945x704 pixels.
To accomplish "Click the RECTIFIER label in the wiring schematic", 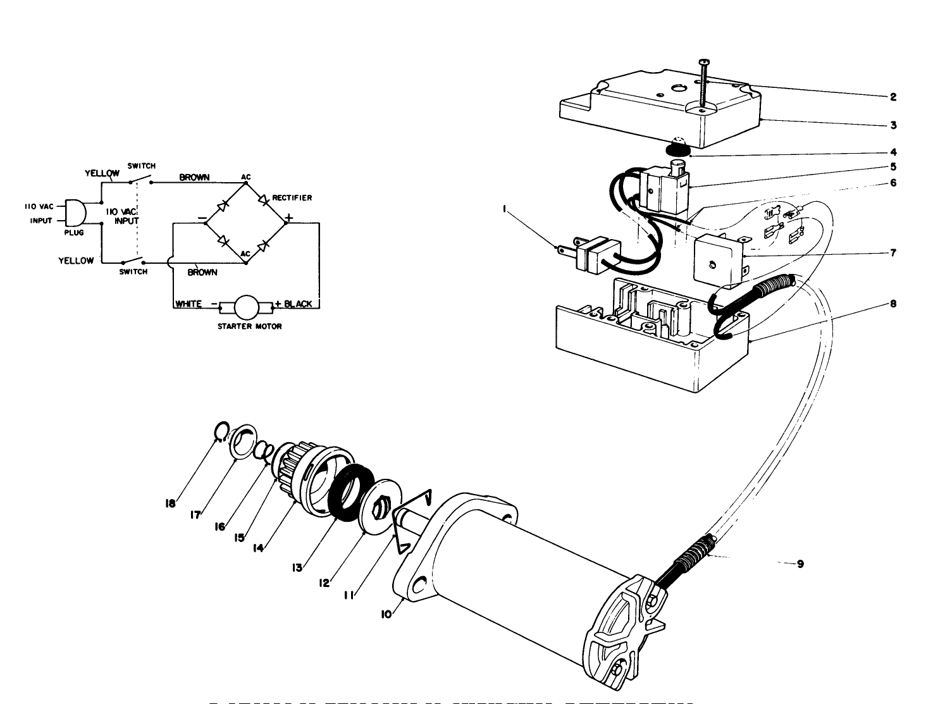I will coord(292,198).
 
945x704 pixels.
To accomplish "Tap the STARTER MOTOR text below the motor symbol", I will coord(249,326).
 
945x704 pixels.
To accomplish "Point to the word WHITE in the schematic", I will coord(188,304).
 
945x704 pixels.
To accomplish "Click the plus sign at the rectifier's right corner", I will coord(288,218).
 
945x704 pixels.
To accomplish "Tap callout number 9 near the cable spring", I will coord(800,564).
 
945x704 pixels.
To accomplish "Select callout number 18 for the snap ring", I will coord(170,504).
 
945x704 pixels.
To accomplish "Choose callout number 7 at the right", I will coord(893,253).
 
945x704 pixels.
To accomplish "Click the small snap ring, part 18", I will coord(219,431).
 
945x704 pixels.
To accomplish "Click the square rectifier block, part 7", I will coord(718,259).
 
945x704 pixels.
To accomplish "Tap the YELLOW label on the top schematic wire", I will coord(102,173).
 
